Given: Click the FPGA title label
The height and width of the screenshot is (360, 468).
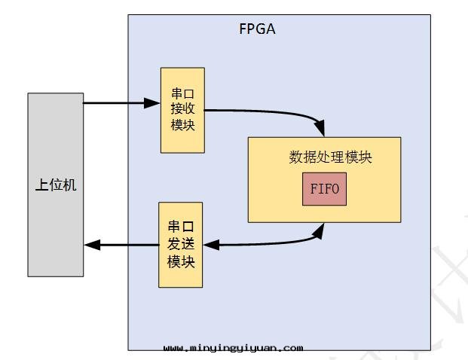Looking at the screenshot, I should click(257, 31).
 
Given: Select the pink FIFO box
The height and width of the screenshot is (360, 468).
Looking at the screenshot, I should click(324, 189).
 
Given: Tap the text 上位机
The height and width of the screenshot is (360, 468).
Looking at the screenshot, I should click(56, 185).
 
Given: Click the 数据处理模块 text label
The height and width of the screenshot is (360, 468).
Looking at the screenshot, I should click(330, 157).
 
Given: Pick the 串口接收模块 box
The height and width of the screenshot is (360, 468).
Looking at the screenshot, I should click(182, 110).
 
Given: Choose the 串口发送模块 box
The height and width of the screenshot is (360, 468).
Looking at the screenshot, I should click(180, 244).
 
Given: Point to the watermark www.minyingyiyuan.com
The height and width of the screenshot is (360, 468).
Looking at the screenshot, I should click(233, 348).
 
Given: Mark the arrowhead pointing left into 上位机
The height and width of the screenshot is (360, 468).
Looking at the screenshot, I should click(90, 245).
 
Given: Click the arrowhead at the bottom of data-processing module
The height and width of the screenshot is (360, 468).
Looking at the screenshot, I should click(320, 230).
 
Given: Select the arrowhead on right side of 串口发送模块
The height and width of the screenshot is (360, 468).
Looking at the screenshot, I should click(210, 245).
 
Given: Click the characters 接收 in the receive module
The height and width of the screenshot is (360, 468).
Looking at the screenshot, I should click(182, 110).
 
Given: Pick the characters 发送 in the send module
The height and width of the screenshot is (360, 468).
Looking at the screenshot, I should click(181, 244).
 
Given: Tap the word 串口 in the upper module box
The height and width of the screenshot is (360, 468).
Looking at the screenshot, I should click(182, 94).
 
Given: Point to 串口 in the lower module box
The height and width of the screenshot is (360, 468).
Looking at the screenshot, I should click(181, 227).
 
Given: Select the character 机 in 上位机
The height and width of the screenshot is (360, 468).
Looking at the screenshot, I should click(69, 185).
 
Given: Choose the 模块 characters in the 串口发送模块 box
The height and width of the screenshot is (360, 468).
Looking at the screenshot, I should click(181, 261).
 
